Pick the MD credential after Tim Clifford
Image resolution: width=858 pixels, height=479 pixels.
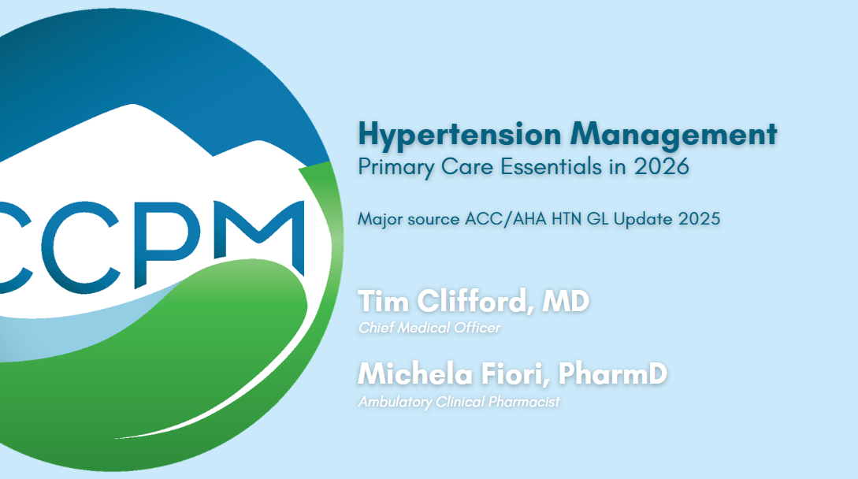point(567,302)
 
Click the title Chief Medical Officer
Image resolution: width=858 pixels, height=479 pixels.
point(429,328)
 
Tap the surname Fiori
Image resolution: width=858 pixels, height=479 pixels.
point(509,374)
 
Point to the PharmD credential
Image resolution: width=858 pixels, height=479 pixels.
point(612,374)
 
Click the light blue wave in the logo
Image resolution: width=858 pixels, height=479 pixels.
point(47,331)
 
